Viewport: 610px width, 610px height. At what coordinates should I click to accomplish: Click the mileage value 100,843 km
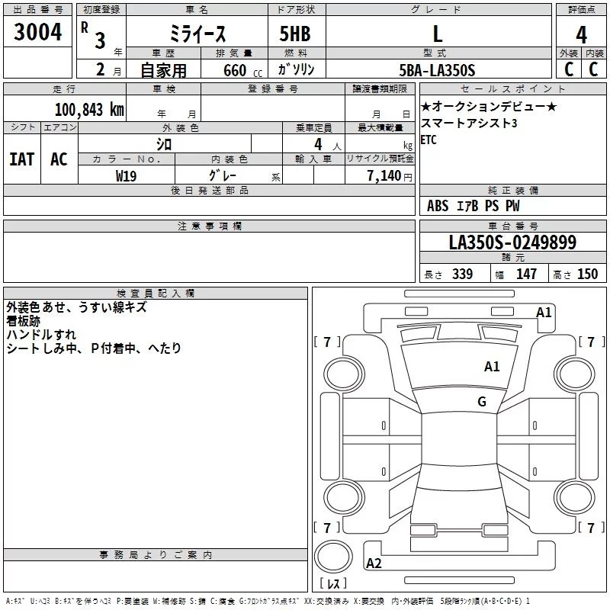(89, 109)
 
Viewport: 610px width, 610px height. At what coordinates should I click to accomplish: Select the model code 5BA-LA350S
(437, 70)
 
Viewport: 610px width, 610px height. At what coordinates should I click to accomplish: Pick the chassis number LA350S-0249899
(512, 243)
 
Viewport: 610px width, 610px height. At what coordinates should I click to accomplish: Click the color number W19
(126, 176)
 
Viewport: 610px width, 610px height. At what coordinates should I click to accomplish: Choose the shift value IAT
(21, 159)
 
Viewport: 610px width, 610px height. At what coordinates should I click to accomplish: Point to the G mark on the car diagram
(482, 401)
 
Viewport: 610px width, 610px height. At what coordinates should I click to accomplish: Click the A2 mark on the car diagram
(374, 563)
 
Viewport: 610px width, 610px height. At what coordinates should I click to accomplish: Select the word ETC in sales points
(429, 140)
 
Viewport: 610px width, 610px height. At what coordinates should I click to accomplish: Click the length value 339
(461, 274)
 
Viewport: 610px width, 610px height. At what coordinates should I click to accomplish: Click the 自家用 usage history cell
(163, 70)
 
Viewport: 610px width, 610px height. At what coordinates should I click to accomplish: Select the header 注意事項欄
(210, 226)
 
